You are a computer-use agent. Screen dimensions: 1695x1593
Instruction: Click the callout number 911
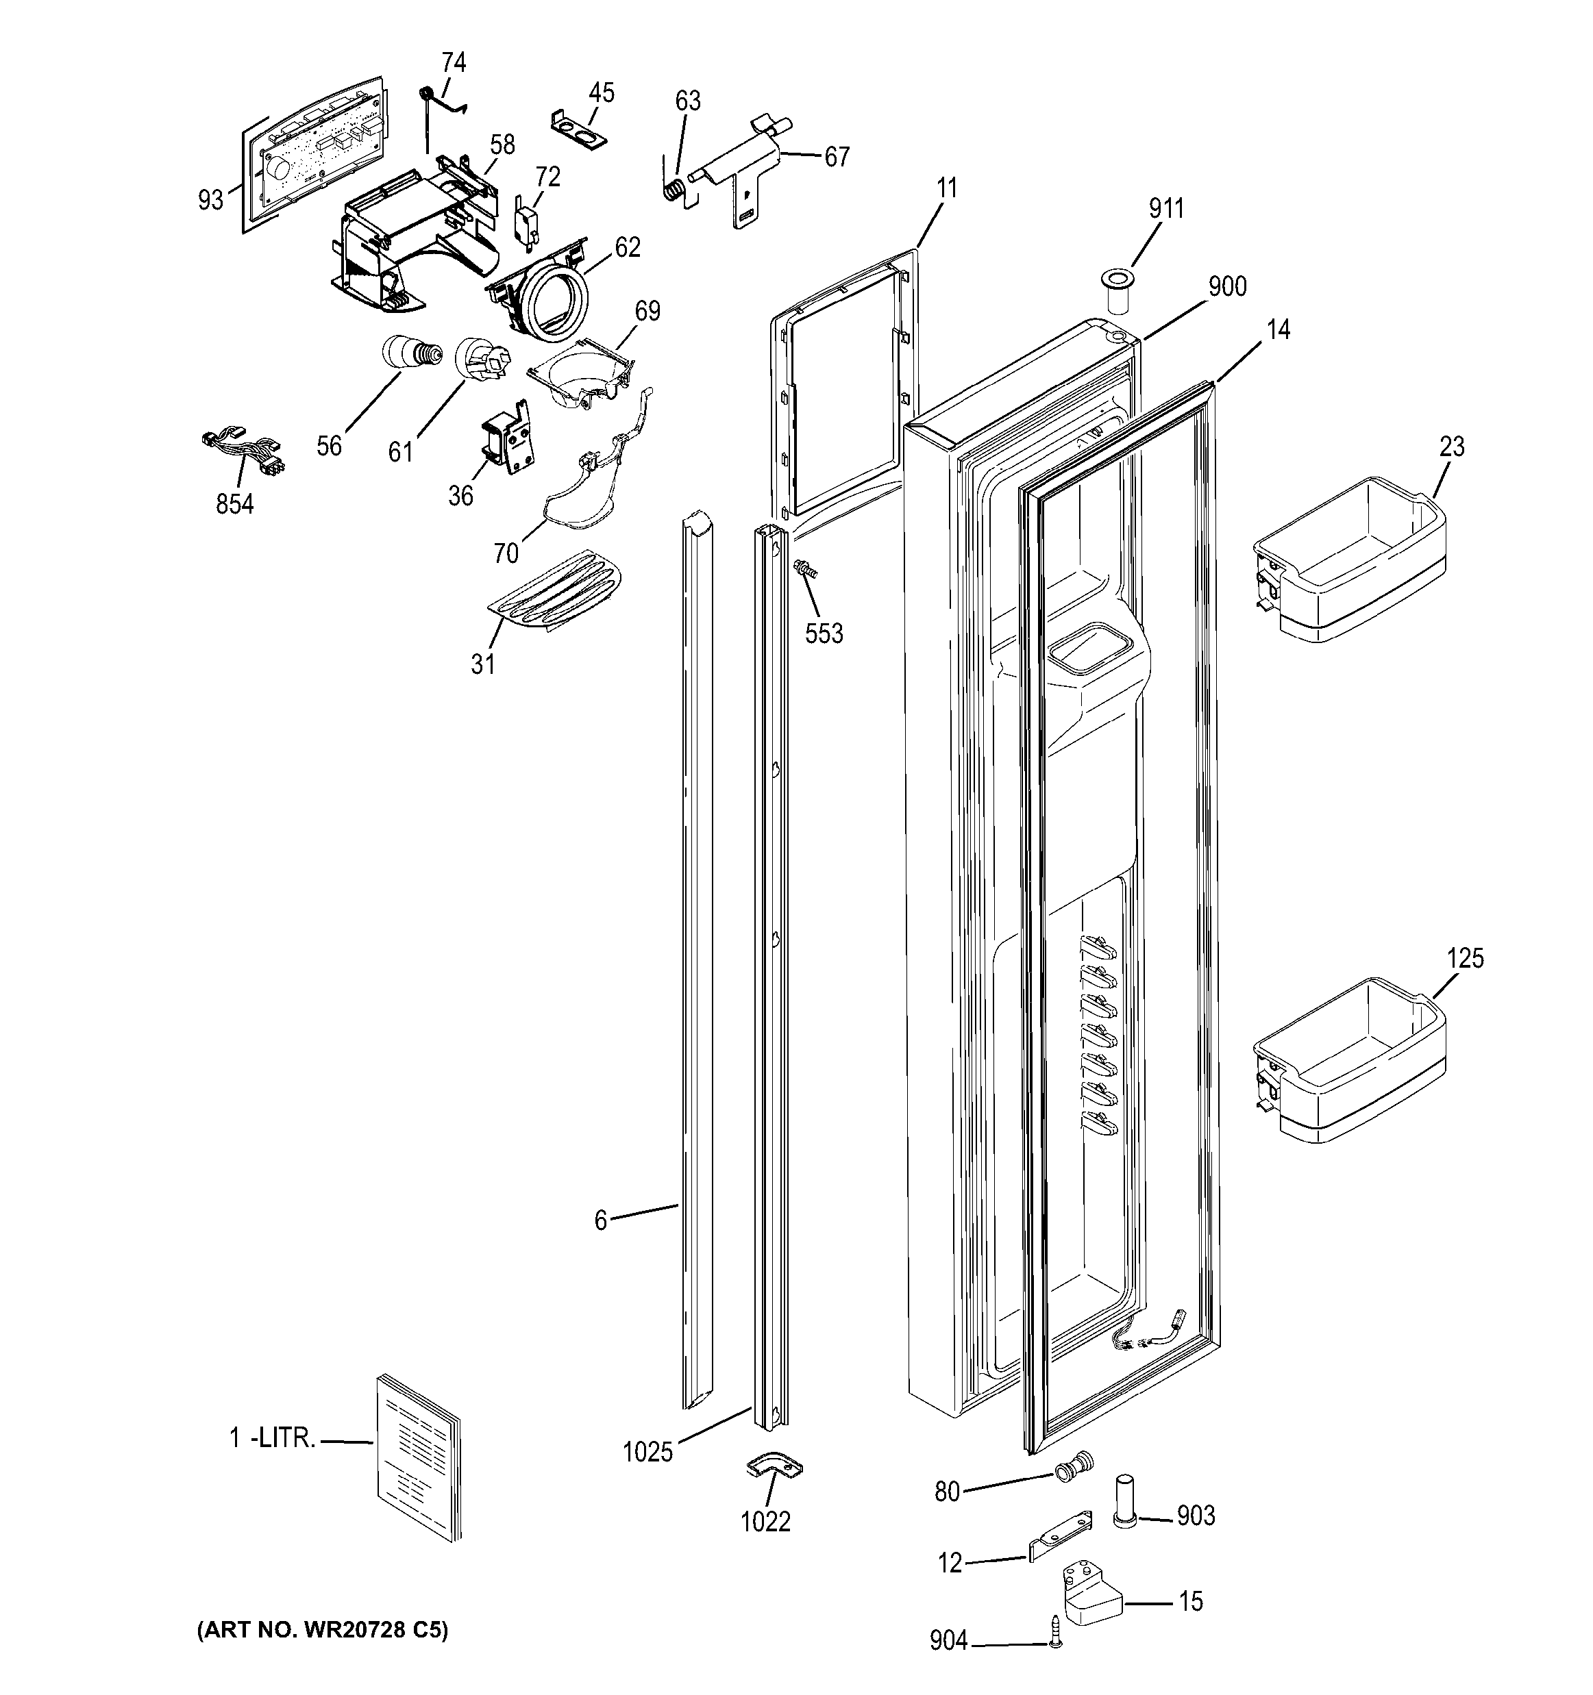pyautogui.click(x=1165, y=208)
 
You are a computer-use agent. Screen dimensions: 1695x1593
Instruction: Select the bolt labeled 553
pyautogui.click(x=804, y=570)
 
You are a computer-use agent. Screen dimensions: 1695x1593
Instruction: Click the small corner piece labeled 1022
pyautogui.click(x=774, y=1466)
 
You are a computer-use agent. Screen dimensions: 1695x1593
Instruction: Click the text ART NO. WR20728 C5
pyautogui.click(x=322, y=1630)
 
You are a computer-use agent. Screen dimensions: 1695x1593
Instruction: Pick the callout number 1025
pyautogui.click(x=647, y=1451)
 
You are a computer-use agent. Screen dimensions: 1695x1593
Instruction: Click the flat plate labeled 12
pyautogui.click(x=1059, y=1535)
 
